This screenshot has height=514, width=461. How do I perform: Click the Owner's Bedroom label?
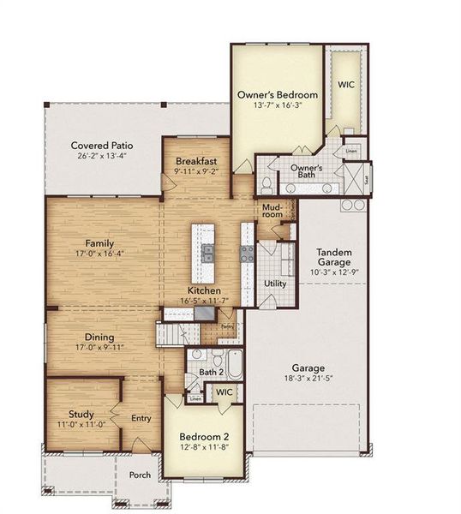278,94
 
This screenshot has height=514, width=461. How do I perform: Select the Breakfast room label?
196,161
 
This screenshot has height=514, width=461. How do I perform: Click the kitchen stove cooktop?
247,253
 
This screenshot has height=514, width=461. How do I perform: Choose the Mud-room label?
272,211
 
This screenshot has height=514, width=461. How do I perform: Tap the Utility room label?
274,283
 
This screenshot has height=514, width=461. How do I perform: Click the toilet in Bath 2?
197,355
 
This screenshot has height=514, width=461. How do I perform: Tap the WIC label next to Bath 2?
224,391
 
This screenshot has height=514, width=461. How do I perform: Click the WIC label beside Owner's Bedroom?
346,86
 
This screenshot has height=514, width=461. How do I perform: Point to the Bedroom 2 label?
204,435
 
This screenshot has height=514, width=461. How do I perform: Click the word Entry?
141,419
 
